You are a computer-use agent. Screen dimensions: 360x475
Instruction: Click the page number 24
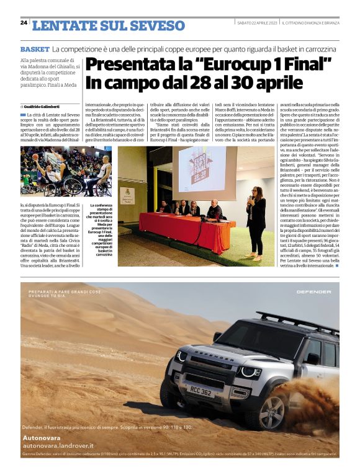tap(24, 22)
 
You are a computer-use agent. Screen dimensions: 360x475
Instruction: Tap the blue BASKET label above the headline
tap(34, 48)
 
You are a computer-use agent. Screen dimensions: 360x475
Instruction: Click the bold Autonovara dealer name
tap(43, 437)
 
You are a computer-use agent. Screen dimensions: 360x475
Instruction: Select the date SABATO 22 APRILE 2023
tap(257, 23)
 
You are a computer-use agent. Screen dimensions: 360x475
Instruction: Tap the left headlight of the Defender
tap(181, 355)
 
